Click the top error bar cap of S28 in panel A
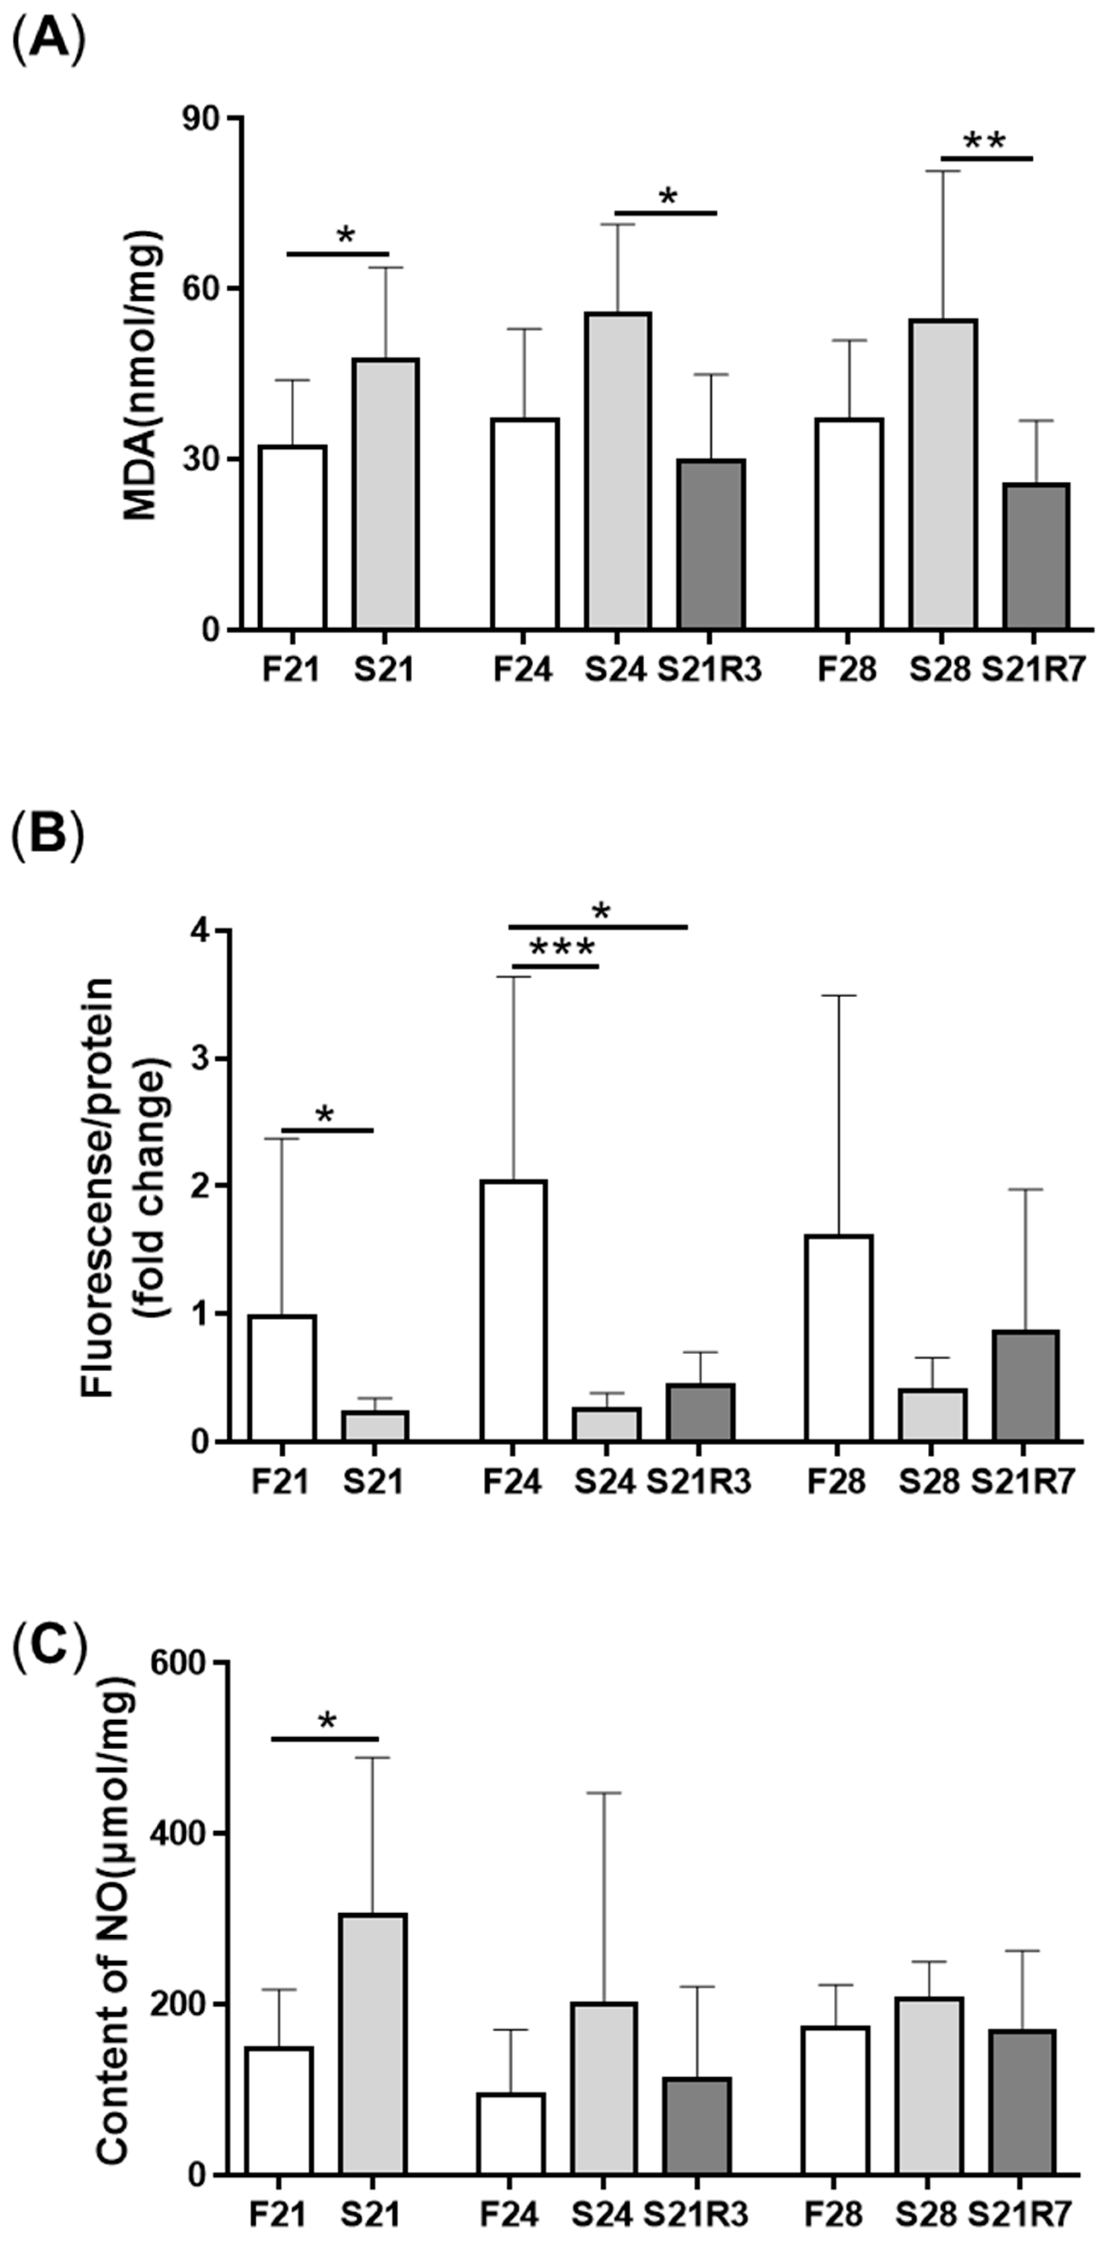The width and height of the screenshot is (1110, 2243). (x=943, y=172)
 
